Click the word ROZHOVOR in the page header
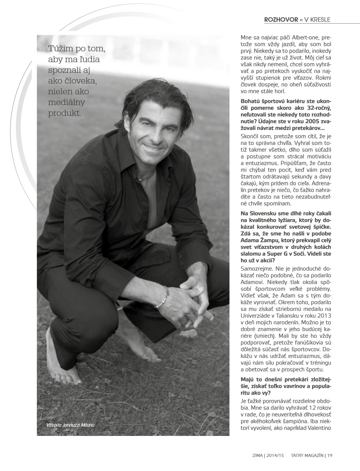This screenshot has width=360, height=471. tap(281, 19)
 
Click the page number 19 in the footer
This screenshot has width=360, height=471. tap(330, 455)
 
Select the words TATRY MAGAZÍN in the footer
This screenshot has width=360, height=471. tap(307, 455)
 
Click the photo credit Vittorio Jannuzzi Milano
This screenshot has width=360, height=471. tap(71, 425)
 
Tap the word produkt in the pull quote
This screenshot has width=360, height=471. tap(65, 113)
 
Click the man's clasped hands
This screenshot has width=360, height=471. tap(194, 295)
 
